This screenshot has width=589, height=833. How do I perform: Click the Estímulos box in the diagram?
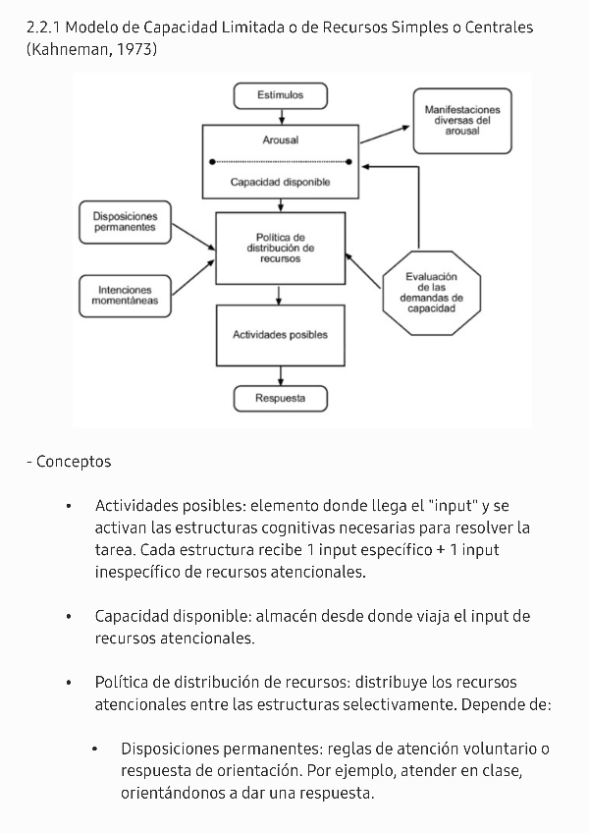click(280, 95)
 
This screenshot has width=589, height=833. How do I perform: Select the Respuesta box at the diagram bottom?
click(280, 399)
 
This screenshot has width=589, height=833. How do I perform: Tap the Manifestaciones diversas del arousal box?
click(461, 120)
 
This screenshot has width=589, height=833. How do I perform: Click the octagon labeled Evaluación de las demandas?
click(431, 292)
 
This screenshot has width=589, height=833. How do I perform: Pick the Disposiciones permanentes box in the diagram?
click(124, 221)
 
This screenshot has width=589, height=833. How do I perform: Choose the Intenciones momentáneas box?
click(124, 296)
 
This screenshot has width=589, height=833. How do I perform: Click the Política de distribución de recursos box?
click(280, 248)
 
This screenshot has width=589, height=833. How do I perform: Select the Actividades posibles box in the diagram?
click(280, 335)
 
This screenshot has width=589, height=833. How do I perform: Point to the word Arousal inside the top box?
click(280, 140)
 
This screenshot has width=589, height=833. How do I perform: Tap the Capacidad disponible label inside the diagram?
click(280, 182)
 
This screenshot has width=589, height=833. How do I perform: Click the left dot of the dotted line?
click(212, 161)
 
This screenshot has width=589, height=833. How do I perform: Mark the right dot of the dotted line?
click(349, 161)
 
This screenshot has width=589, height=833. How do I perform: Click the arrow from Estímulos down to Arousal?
click(281, 116)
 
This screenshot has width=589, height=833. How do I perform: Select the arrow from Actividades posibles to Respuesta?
click(281, 376)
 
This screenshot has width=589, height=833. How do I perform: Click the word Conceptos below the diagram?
click(74, 462)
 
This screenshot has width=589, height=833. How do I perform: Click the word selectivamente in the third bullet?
click(401, 704)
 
